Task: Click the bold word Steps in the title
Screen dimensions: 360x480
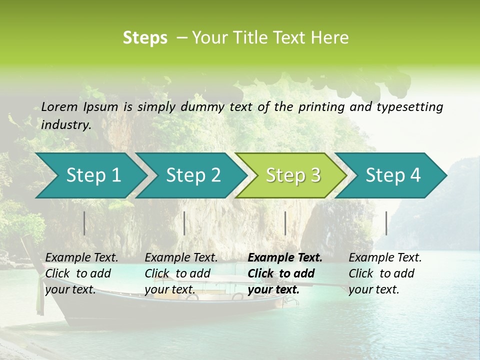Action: [x=145, y=38]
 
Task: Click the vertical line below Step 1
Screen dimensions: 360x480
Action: [x=84, y=223]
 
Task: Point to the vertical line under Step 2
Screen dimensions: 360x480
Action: [x=184, y=223]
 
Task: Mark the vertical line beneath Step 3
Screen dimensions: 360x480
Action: [x=285, y=223]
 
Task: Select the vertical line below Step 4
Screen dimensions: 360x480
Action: [x=386, y=223]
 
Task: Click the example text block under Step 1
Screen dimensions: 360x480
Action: [x=81, y=273]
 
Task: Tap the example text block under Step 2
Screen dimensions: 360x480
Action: [x=181, y=273]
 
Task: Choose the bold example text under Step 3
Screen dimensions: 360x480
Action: [x=285, y=273]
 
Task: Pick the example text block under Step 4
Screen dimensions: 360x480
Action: [x=385, y=273]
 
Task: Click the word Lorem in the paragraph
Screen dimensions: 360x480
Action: [x=59, y=106]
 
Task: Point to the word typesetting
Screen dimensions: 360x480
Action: [x=409, y=106]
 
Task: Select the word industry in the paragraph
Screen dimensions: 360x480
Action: [x=66, y=125]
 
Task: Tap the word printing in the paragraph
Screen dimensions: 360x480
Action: [x=321, y=106]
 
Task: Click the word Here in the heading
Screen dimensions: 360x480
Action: [x=330, y=38]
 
